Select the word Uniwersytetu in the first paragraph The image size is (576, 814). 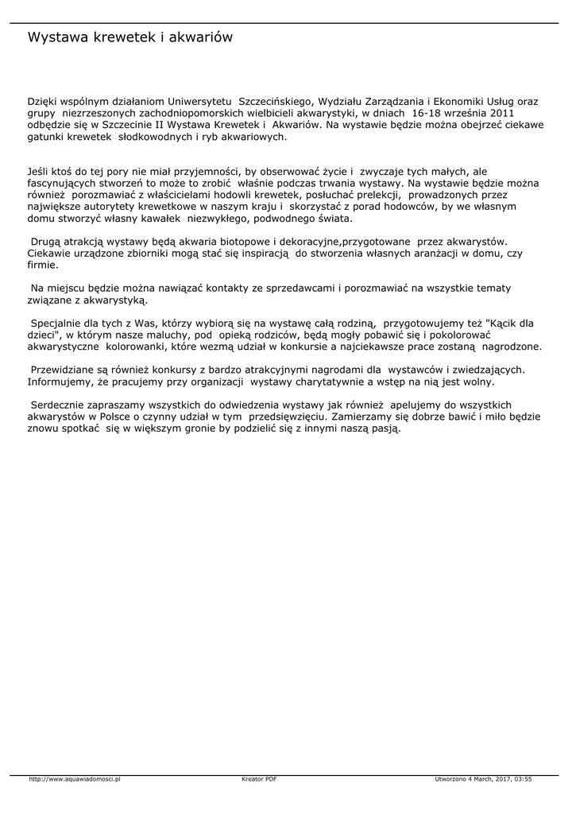[x=201, y=102]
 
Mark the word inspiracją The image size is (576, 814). [x=263, y=253]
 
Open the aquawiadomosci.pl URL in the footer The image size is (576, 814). [x=74, y=779]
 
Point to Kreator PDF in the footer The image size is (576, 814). [x=259, y=779]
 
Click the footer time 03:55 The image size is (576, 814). [x=523, y=779]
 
